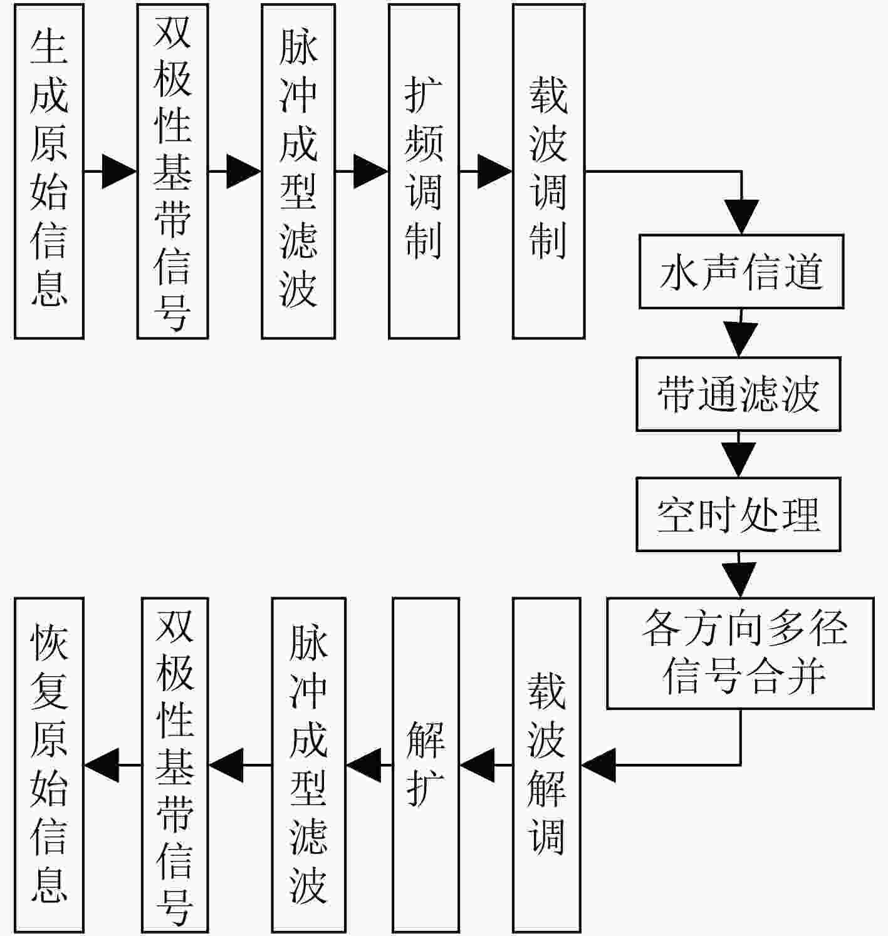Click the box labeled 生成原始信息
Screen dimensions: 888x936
pos(49,172)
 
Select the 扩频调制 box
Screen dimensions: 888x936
pos(424,172)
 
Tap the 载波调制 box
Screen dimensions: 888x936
pos(548,172)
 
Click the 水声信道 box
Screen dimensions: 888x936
pos(741,271)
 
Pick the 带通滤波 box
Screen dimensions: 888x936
pos(738,394)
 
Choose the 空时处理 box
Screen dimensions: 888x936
pos(738,515)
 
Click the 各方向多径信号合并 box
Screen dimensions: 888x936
pos(740,653)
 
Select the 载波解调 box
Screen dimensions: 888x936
pos(546,765)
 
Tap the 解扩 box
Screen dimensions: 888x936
pos(426,765)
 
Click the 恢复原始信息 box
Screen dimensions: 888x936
pos(49,765)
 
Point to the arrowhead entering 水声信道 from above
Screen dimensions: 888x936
pos(741,217)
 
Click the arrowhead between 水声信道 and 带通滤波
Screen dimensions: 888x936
pos(740,339)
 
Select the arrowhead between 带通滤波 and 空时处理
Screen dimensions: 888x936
pos(738,460)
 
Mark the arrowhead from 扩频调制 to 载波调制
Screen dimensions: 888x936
pos(495,172)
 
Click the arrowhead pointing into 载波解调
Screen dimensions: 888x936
pos(598,765)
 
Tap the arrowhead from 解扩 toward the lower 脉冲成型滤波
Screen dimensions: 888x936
pos(363,765)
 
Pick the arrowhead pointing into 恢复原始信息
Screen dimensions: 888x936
pos(102,765)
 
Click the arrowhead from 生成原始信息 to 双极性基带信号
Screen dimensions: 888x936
pos(120,172)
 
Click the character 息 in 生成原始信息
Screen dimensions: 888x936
pos(49,289)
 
